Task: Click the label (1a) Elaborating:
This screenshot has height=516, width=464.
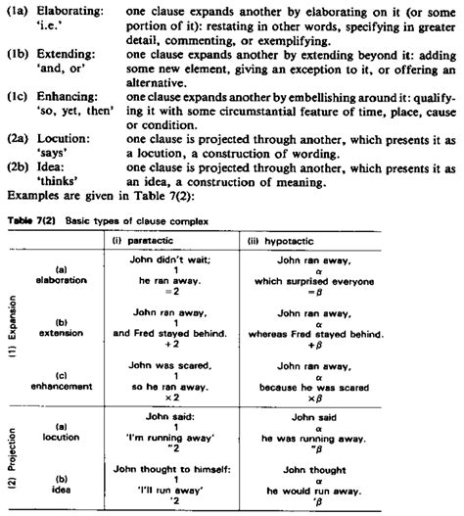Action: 49,8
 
